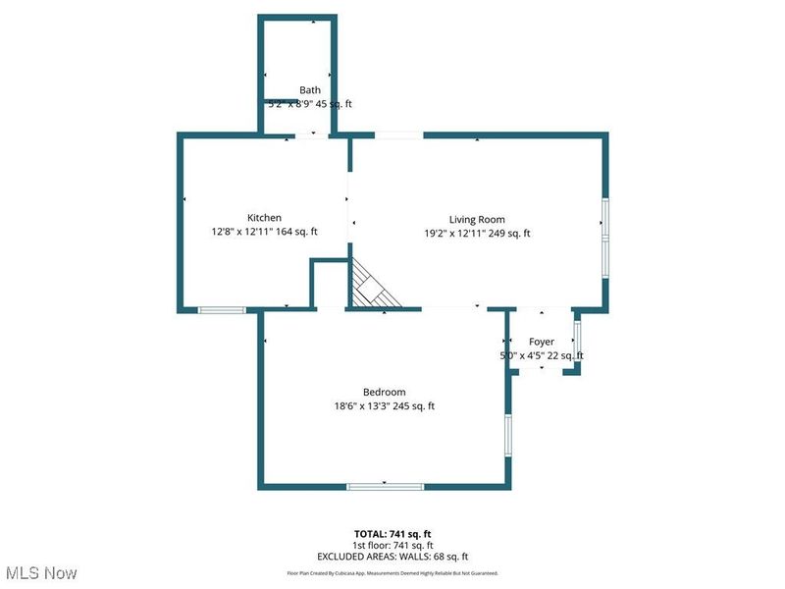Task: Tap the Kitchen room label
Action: [264, 218]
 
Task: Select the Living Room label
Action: [477, 219]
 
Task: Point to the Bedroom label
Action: [384, 393]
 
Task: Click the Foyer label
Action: [542, 342]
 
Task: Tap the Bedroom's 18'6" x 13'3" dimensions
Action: [364, 406]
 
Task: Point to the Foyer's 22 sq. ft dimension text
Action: [564, 355]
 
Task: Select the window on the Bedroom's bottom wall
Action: [386, 485]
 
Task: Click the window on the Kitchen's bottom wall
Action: [222, 310]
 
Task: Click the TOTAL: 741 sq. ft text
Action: [392, 533]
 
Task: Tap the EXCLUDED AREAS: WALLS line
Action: [392, 556]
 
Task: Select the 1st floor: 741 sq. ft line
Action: [392, 545]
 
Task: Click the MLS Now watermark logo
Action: [40, 572]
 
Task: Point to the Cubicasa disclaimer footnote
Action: [392, 573]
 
